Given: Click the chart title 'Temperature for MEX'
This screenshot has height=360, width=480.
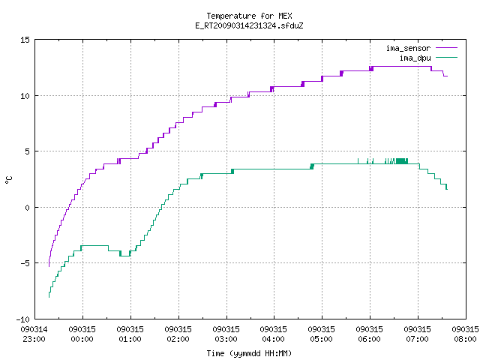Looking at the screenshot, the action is click(249, 16).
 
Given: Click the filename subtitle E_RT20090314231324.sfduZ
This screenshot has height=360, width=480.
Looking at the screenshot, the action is click(249, 25).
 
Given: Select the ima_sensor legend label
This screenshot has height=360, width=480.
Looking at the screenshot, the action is click(408, 48).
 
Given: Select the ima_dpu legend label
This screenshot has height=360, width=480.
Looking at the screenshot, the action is click(415, 58).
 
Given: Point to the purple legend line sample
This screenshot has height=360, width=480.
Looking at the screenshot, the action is click(447, 48).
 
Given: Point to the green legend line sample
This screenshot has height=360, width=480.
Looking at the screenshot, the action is click(447, 57).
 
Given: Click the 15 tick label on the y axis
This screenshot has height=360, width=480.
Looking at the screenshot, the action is click(25, 40).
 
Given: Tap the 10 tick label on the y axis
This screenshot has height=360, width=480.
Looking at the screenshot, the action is click(25, 96).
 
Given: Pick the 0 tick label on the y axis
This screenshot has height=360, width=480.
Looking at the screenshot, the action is click(28, 208).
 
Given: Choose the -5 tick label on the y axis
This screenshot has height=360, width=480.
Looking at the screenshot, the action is click(25, 263).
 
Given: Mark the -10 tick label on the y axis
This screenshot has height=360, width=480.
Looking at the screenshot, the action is click(22, 319).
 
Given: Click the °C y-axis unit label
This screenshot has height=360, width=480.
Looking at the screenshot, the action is click(8, 180).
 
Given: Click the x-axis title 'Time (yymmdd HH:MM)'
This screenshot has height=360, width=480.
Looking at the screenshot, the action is click(249, 353).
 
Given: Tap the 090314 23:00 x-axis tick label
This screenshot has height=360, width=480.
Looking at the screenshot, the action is click(34, 334).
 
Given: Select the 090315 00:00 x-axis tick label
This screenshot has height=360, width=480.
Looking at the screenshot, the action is click(82, 334).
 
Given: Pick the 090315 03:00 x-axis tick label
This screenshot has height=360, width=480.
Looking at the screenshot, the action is click(226, 334).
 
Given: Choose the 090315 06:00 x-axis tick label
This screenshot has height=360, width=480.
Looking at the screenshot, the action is click(369, 334).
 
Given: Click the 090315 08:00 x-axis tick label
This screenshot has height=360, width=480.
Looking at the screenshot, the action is click(465, 334).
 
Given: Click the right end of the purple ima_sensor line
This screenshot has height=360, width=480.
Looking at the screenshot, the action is click(447, 76).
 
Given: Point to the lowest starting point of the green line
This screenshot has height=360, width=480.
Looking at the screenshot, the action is click(49, 297).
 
